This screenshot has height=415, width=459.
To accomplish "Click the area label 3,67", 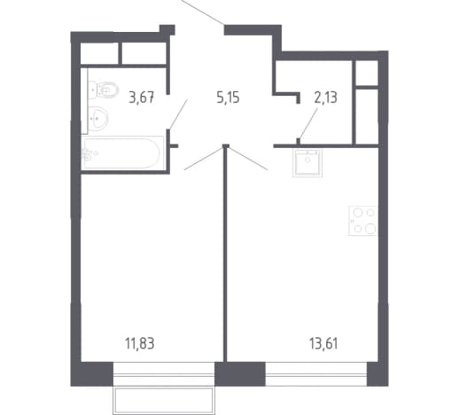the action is [x=142, y=98].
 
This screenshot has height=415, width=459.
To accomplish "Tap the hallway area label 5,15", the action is [x=228, y=98].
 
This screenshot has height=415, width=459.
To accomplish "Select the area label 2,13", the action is [x=325, y=98].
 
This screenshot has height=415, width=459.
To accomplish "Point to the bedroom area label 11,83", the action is [x=140, y=344].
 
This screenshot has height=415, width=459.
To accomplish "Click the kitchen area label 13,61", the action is [x=323, y=344].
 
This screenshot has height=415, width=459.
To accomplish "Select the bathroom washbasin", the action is [x=98, y=119].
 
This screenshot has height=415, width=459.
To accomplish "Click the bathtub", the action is [x=122, y=153].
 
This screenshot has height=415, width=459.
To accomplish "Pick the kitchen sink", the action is [x=307, y=163].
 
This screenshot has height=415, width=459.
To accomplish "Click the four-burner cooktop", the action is [x=362, y=221].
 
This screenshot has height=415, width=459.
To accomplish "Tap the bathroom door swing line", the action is [x=178, y=114].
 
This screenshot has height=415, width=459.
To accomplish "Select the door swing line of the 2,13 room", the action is [x=308, y=123].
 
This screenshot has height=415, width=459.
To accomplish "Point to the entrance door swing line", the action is [x=203, y=12].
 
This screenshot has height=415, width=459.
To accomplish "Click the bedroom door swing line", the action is [x=204, y=159].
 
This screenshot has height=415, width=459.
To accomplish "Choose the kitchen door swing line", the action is [x=248, y=159].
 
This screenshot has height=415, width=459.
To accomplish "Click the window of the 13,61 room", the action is [x=316, y=374].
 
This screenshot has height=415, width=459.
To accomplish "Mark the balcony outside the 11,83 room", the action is [x=164, y=401].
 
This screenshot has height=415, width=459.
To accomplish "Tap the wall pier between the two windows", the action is [x=240, y=374].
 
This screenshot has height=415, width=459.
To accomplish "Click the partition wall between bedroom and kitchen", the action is [x=225, y=254].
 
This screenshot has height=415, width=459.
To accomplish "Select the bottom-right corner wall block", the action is [x=377, y=374].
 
